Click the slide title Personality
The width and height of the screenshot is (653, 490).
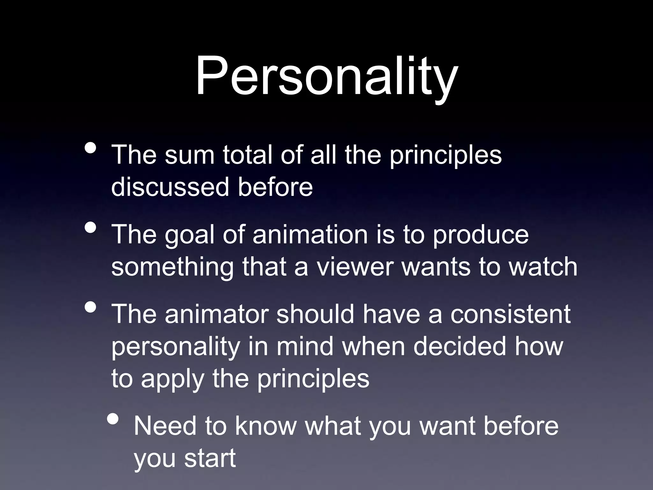(326, 77)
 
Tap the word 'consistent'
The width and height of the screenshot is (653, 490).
(510, 314)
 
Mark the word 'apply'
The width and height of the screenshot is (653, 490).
(172, 379)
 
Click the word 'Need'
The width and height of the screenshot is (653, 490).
(165, 426)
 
